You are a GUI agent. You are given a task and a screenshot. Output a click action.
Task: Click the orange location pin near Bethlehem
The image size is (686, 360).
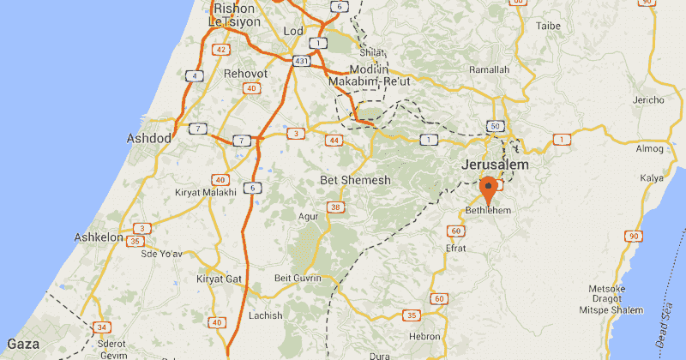(489, 188)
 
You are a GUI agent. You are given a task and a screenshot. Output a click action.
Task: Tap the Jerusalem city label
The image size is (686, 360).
(495, 164)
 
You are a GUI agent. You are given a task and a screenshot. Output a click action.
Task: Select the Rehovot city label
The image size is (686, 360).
(245, 75)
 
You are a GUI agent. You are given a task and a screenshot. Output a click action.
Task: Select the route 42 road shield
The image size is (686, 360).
(221, 50)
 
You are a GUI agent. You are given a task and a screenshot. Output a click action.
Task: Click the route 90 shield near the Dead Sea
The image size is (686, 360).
(634, 236)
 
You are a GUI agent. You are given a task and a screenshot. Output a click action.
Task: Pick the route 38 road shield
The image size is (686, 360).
(335, 207)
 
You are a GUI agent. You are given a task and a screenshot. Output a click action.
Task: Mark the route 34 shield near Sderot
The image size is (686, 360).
(102, 327)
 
